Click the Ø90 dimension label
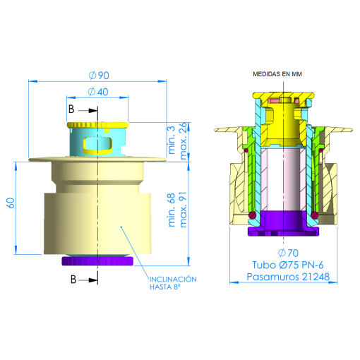(98, 76)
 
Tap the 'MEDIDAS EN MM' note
(282, 74)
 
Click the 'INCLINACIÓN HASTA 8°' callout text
(172, 283)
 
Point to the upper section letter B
(72, 109)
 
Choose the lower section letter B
(73, 280)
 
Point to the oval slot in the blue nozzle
(97, 145)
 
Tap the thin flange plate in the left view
(49, 159)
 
